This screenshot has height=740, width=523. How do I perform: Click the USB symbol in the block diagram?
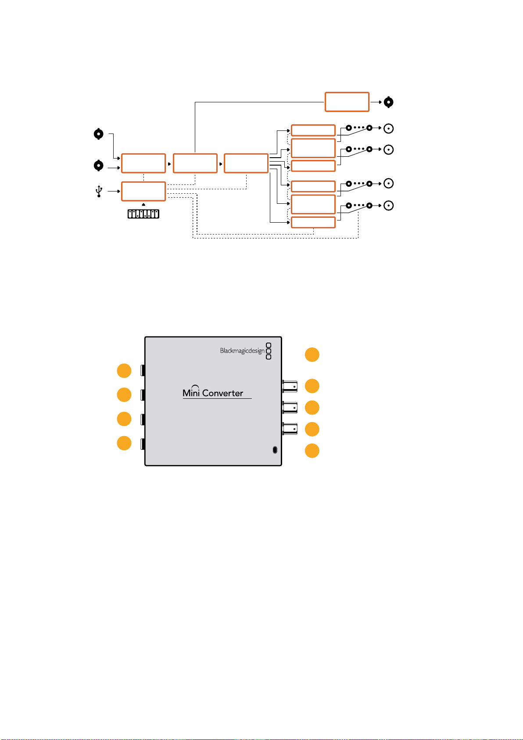pyautogui.click(x=99, y=191)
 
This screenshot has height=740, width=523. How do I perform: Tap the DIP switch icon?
pyautogui.click(x=143, y=214)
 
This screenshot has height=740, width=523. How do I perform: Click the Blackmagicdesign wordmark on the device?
pyautogui.click(x=242, y=351)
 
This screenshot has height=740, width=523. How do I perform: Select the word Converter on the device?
pyautogui.click(x=222, y=393)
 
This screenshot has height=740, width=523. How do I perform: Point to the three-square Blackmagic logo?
pyautogui.click(x=269, y=351)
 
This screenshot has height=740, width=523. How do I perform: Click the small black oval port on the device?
pyautogui.click(x=275, y=450)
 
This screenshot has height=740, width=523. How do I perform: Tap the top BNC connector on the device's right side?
pyautogui.click(x=290, y=386)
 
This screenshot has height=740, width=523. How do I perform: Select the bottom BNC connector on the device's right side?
pyautogui.click(x=290, y=429)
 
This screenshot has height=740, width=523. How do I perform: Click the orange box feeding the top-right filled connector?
pyautogui.click(x=347, y=102)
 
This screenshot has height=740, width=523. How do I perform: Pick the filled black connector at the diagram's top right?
pyautogui.click(x=388, y=102)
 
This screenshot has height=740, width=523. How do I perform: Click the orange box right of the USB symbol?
pyautogui.click(x=143, y=191)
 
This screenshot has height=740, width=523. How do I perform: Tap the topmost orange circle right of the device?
pyautogui.click(x=312, y=355)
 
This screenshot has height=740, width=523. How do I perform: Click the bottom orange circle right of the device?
pyautogui.click(x=312, y=451)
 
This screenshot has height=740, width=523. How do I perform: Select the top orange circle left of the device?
pyautogui.click(x=124, y=371)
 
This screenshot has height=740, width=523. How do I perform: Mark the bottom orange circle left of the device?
pyautogui.click(x=124, y=443)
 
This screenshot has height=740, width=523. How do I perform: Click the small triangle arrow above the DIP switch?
pyautogui.click(x=143, y=205)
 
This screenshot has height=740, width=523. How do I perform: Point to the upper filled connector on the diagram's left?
pyautogui.click(x=98, y=134)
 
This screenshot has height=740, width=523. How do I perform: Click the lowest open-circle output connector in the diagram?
pyautogui.click(x=388, y=206)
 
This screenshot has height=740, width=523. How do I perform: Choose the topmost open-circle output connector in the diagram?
pyautogui.click(x=388, y=128)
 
